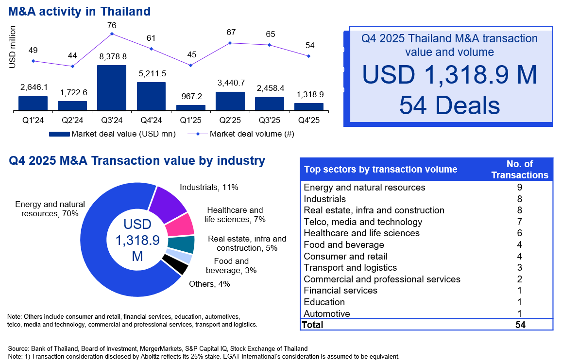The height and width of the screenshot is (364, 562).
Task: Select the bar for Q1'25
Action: coord(190,108)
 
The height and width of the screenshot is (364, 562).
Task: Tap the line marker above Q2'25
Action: coord(230,43)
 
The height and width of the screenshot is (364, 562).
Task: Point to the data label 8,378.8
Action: coord(112,56)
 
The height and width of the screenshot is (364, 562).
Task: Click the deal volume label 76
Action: coord(112,25)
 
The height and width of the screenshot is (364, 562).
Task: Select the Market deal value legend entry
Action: coord(112,133)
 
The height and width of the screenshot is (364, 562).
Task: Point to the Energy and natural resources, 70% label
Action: coord(50,209)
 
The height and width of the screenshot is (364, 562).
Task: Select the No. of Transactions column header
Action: coord(520,170)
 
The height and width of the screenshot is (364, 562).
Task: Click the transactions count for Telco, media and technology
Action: coord(520,222)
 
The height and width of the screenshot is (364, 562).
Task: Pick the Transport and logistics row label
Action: coord(350,268)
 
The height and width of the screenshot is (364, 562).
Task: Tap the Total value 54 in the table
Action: coord(520,325)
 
